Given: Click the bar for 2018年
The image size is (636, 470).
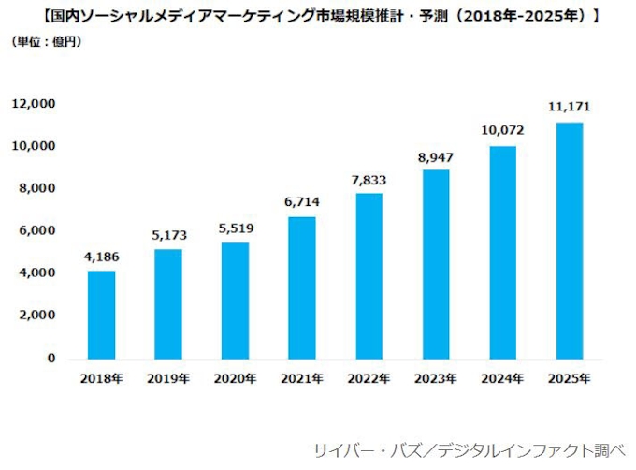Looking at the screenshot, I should (101, 315).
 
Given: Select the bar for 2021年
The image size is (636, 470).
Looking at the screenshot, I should (301, 287).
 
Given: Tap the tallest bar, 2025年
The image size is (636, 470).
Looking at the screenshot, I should (570, 241).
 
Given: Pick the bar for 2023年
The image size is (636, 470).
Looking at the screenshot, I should (436, 264).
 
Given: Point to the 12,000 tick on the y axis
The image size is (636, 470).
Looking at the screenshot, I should (34, 104).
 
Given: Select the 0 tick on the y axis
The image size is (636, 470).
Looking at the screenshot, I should (51, 359).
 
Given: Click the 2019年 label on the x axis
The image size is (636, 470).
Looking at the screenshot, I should (168, 378).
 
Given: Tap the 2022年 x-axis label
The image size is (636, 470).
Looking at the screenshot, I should (369, 378).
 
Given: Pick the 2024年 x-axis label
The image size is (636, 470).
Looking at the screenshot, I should (502, 378).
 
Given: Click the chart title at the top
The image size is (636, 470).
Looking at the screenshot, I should (317, 16).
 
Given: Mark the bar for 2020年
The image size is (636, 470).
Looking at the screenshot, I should (235, 301).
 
